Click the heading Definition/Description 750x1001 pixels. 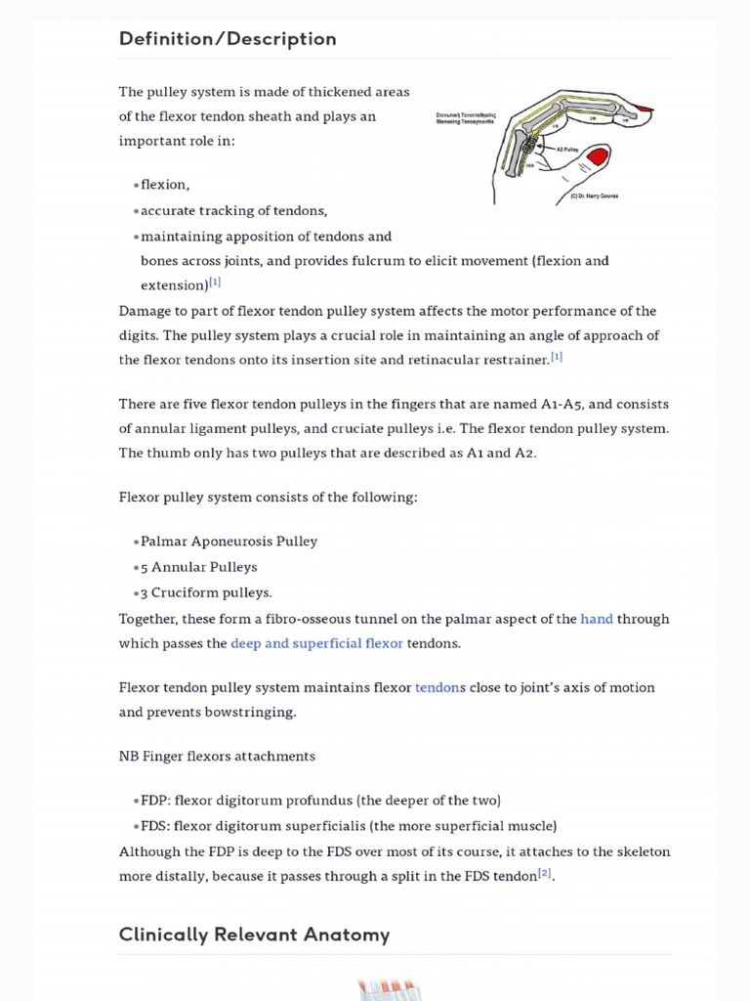(227, 39)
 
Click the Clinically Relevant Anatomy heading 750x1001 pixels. (254, 935)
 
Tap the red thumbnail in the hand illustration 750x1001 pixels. (597, 156)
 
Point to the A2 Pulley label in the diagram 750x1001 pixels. (568, 150)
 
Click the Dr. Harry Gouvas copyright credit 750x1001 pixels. (594, 196)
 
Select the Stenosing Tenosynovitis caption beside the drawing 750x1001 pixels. (466, 118)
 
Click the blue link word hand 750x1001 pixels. (597, 619)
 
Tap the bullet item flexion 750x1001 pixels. (165, 185)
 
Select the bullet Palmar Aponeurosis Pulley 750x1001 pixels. (229, 542)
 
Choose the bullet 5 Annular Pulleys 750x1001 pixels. (198, 567)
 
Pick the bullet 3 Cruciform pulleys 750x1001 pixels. (206, 592)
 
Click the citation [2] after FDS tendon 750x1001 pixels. (545, 873)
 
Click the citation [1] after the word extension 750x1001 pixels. (215, 283)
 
